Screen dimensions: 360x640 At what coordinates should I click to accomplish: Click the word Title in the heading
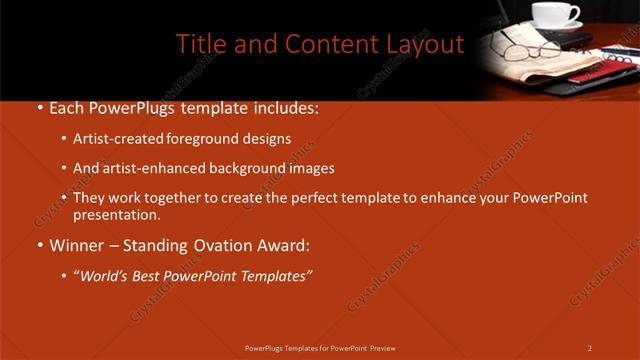tap(199, 44)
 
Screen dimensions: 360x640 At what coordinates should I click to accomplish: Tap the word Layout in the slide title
tap(427, 44)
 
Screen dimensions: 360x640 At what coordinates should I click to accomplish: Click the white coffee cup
tap(553, 14)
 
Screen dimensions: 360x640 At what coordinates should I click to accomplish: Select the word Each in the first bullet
tap(68, 108)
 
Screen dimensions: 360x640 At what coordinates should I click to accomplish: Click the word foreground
tap(214, 139)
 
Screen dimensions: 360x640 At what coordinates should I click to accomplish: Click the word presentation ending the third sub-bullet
tap(114, 214)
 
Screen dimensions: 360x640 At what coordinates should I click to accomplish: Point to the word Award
tap(284, 245)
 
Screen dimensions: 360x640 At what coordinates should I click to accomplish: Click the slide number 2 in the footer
tap(590, 348)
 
